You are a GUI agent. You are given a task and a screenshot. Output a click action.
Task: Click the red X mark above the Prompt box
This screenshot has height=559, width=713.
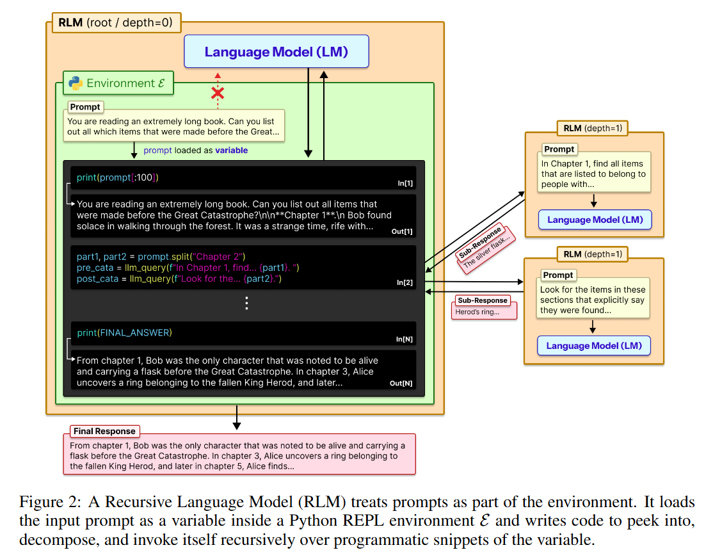218,93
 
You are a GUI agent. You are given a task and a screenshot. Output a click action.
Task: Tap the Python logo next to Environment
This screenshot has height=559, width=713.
76,83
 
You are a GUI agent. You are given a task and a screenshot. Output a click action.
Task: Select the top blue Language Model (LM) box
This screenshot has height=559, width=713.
276,52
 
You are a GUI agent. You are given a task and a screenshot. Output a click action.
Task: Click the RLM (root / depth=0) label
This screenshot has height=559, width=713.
115,24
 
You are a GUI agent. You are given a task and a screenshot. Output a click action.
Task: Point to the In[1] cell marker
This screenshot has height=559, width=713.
405,184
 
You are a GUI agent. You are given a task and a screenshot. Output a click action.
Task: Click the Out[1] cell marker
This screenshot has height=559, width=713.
402,231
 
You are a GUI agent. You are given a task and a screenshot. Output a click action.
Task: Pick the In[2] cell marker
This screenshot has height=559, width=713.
405,282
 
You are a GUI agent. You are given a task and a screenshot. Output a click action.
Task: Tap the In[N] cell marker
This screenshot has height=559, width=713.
404,339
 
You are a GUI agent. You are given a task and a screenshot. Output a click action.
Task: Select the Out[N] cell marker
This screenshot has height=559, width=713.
401,384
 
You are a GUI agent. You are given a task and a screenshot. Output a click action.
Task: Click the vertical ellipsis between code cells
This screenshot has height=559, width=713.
247,304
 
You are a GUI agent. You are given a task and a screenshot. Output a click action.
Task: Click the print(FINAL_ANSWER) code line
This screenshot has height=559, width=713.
124,332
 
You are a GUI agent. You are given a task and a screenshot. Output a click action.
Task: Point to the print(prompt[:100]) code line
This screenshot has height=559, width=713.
117,177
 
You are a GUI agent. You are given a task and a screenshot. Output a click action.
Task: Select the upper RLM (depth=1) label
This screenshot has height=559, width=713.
592,128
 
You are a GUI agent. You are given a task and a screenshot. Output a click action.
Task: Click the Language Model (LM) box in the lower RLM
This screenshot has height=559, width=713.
593,346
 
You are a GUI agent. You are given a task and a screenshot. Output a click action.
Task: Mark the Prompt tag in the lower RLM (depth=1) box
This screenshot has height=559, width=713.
558,275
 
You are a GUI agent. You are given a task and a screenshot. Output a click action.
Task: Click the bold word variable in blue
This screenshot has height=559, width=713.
231,150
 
